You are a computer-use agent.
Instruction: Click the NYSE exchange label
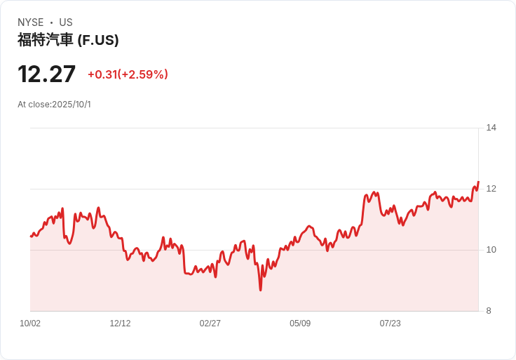pyautogui.click(x=30, y=22)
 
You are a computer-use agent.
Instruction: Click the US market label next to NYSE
pyautogui.click(x=66, y=22)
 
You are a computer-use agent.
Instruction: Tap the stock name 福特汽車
pyautogui.click(x=45, y=40)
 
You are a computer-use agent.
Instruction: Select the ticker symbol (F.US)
pyautogui.click(x=98, y=40)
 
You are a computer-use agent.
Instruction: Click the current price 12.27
pyautogui.click(x=46, y=74)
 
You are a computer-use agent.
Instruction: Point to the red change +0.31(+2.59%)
pyautogui.click(x=128, y=74)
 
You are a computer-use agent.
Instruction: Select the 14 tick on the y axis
pyautogui.click(x=491, y=128)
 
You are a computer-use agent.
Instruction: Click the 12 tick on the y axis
pyautogui.click(x=491, y=189)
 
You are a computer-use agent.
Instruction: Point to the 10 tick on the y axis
pyautogui.click(x=491, y=250)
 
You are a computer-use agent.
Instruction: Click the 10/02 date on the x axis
pyautogui.click(x=30, y=324)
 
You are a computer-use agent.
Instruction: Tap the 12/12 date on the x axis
pyautogui.click(x=120, y=324)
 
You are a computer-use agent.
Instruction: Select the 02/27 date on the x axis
pyautogui.click(x=210, y=324)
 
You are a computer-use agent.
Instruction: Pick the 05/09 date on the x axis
pyautogui.click(x=300, y=324)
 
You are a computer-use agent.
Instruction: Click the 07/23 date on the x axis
pyautogui.click(x=390, y=324)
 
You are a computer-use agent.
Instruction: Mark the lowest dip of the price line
pyautogui.click(x=260, y=290)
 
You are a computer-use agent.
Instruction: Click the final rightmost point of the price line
pyautogui.click(x=478, y=182)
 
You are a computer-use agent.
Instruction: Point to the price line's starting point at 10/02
pyautogui.click(x=31, y=236)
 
